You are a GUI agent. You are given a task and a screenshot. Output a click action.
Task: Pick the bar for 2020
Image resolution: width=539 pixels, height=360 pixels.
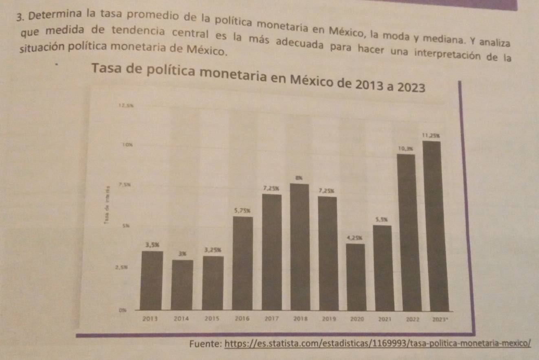pos(356,277)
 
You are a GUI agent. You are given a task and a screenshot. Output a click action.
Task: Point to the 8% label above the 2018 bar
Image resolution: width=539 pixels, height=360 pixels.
pos(299,178)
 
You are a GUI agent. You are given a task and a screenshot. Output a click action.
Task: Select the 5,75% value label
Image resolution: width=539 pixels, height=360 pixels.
pos(242,211)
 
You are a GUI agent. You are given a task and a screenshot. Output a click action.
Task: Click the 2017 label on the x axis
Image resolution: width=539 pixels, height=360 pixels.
pos(271,319)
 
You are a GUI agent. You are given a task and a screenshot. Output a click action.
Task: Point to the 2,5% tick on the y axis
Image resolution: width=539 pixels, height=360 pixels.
pos(121,268)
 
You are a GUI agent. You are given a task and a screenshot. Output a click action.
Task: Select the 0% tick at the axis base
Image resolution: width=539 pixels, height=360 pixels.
pos(123,310)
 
